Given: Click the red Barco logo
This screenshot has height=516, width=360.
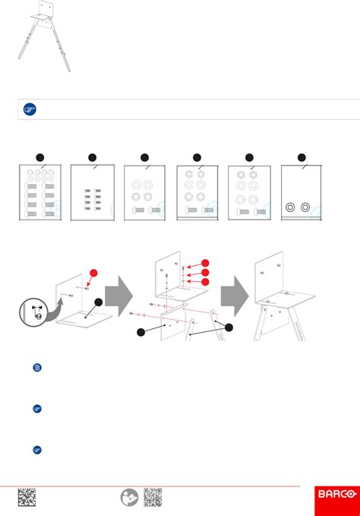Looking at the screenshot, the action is click(x=337, y=501).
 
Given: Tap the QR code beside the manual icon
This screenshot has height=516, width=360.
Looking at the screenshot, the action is click(x=153, y=497).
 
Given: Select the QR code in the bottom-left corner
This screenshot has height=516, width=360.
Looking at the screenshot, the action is click(x=27, y=497).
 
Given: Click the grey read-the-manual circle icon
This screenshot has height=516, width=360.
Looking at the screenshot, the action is click(x=130, y=497).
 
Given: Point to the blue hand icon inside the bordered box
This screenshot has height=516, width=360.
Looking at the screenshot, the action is click(x=30, y=109).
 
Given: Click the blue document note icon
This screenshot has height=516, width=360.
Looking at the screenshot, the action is click(x=37, y=367).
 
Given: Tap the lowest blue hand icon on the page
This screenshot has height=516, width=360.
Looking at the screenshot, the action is click(x=37, y=450).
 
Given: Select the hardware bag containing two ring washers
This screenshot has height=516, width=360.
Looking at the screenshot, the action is click(x=302, y=192).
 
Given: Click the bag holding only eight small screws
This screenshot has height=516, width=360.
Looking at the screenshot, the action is click(x=93, y=192).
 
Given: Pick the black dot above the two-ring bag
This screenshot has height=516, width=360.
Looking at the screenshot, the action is click(x=302, y=157).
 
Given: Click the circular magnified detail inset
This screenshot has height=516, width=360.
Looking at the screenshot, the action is click(x=33, y=312).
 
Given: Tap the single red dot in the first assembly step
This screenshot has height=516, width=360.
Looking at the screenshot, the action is click(x=93, y=273).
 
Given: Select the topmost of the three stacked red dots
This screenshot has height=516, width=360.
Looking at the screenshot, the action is click(x=205, y=263).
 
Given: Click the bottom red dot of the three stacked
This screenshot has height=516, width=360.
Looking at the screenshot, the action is click(x=205, y=282).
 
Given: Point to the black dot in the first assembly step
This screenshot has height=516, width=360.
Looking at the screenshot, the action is click(x=98, y=302).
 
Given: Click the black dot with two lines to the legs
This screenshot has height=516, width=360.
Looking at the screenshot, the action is click(x=229, y=328).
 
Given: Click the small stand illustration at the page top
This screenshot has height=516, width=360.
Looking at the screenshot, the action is click(x=44, y=36).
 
